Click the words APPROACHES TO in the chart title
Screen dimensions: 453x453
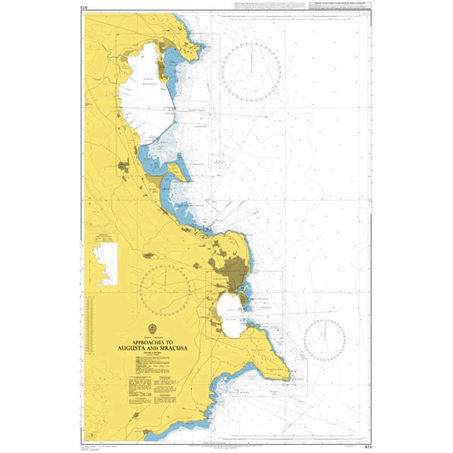tap(154, 343)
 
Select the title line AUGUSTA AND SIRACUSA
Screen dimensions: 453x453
tap(154, 349)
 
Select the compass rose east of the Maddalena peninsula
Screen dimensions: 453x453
tap(325, 339)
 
